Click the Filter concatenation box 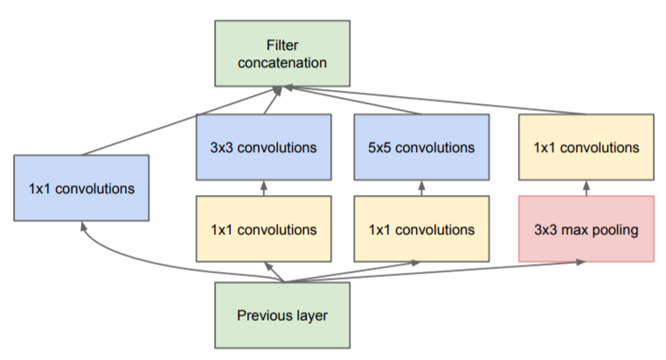click(282, 52)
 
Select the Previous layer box click(282, 315)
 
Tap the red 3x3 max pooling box click(586, 229)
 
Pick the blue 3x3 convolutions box click(263, 146)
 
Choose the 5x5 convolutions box click(421, 146)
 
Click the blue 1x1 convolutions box click(82, 187)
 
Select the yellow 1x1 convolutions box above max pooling click(586, 146)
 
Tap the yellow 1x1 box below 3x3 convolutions click(263, 229)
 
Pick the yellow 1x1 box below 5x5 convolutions click(421, 229)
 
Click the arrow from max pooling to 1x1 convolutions click(586, 188)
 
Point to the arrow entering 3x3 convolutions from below click(263, 188)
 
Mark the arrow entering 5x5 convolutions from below click(421, 188)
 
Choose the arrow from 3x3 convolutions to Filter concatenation click(273, 101)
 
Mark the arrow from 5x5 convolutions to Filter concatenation click(358, 101)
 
